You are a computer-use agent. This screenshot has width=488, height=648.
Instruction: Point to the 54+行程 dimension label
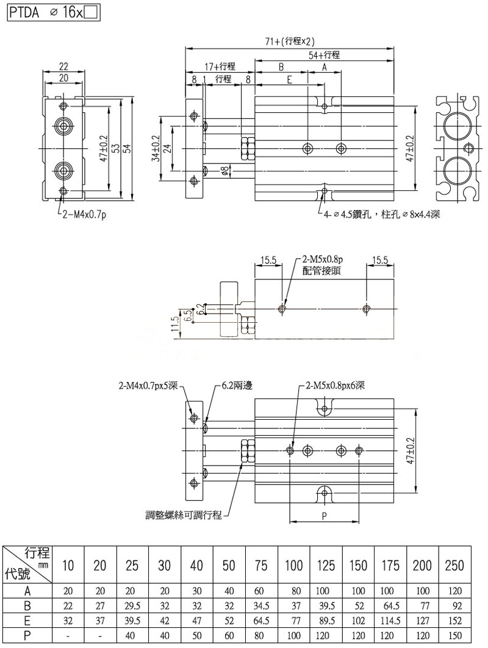pyautogui.click(x=324, y=55)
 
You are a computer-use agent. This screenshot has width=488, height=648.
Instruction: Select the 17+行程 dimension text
pyautogui.click(x=220, y=67)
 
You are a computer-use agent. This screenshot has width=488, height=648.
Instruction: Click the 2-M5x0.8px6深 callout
pyautogui.click(x=335, y=386)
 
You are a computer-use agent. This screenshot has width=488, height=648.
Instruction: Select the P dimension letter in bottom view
pyautogui.click(x=324, y=516)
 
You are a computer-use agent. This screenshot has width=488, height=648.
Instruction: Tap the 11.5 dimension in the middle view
pyautogui.click(x=176, y=325)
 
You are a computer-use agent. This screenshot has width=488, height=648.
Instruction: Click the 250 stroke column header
pyautogui.click(x=454, y=565)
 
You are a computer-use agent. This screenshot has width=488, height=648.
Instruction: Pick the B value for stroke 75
pyautogui.click(x=261, y=606)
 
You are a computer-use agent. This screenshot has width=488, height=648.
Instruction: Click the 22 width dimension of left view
pyautogui.click(x=63, y=66)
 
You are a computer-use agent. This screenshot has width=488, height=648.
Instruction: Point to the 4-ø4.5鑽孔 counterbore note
pyautogui.click(x=379, y=214)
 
